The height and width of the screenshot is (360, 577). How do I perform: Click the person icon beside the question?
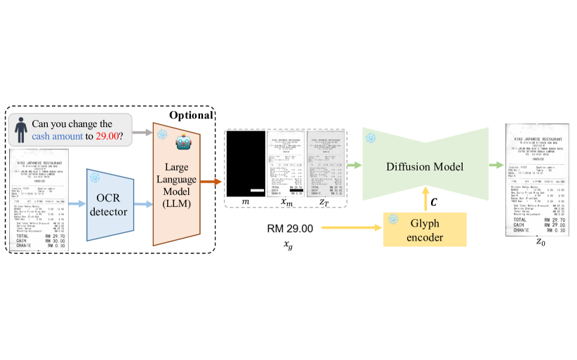(x=23, y=129)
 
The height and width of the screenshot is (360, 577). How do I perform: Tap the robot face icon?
(x=183, y=145)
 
